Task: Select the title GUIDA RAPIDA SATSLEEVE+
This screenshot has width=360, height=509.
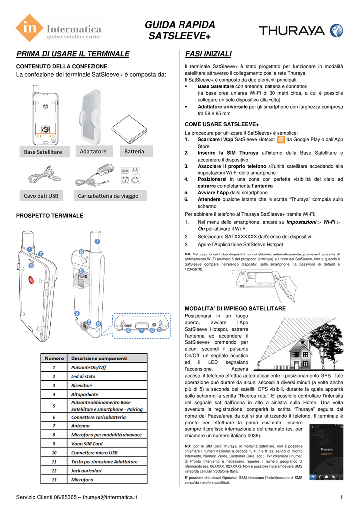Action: click(180, 30)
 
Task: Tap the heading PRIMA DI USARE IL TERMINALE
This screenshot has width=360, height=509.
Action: click(73, 54)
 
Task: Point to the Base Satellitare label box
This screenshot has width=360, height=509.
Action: click(44, 152)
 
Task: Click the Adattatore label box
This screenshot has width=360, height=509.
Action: click(94, 151)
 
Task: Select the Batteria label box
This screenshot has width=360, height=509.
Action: click(134, 151)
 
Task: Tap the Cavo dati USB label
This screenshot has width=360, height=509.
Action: click(41, 196)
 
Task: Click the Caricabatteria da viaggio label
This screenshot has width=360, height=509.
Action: click(108, 196)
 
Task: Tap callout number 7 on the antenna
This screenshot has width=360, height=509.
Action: click(97, 241)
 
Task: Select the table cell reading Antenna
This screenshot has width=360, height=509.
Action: click(80, 426)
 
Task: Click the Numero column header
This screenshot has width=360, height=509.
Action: click(54, 358)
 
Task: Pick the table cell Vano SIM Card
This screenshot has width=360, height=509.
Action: click(87, 444)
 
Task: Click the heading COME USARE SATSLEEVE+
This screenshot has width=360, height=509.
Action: click(222, 124)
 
